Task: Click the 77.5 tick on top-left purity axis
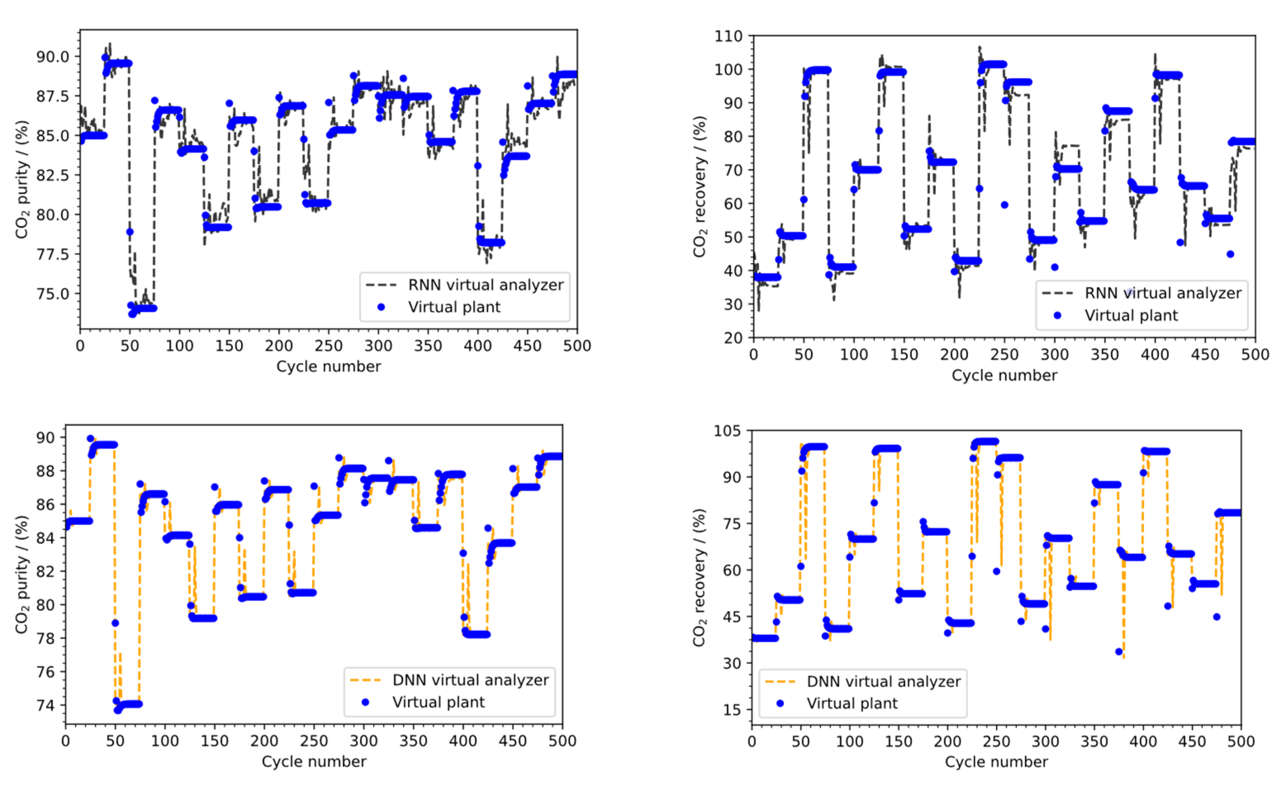[52, 254]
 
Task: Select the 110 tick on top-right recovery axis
[729, 36]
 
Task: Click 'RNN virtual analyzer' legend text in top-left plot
[485, 285]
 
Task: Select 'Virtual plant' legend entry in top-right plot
[1131, 316]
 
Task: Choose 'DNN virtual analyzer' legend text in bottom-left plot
[470, 680]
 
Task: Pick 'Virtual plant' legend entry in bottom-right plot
[852, 703]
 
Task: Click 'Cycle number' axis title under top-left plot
[328, 366]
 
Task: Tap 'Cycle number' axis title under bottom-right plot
[996, 762]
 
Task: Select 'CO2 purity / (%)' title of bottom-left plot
[21, 575]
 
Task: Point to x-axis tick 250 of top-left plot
[328, 346]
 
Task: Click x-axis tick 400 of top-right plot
[1155, 354]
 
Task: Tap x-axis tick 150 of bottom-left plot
[214, 741]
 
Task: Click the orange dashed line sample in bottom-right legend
[780, 681]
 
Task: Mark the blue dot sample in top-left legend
[381, 307]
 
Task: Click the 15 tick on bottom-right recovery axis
[733, 709]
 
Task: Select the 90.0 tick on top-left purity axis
[52, 57]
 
